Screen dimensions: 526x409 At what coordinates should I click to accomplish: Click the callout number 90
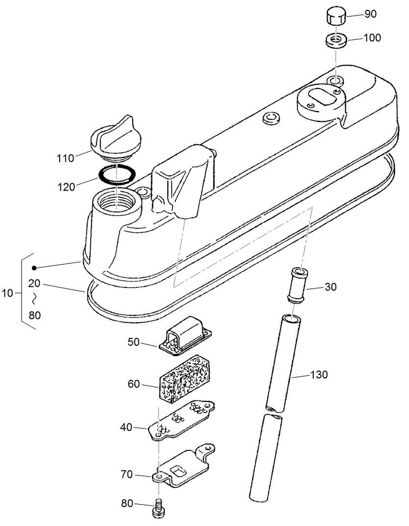click(370, 14)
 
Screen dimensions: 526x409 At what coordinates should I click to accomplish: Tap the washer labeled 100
click(336, 40)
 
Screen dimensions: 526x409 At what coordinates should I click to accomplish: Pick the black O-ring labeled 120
click(117, 174)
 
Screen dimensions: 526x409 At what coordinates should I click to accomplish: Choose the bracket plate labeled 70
click(184, 467)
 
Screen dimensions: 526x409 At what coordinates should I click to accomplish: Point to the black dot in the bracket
click(34, 268)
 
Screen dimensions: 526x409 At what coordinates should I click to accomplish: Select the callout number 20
click(34, 283)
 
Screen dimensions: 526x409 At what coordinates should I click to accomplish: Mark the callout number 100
click(372, 38)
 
